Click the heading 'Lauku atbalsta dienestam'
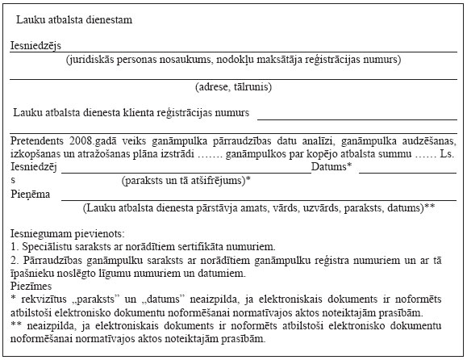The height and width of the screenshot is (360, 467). point(75,18)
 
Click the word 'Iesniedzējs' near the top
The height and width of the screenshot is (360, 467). point(35,46)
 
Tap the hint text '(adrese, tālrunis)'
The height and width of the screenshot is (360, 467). point(233,86)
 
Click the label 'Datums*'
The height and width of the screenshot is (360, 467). point(332,166)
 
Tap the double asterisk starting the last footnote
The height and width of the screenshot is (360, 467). point(15,324)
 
